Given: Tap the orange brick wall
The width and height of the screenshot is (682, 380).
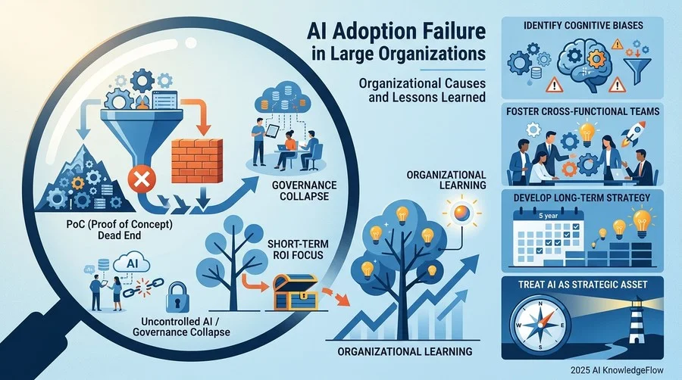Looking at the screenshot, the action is pos(196,161).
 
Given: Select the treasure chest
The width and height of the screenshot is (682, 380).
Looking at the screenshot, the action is pos(296,292).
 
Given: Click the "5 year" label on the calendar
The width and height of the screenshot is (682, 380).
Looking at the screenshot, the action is pos(548,216).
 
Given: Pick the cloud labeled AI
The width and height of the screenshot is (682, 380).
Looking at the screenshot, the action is pos(131,263).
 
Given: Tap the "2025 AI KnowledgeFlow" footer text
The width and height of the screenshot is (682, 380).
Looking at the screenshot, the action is pos(618,370).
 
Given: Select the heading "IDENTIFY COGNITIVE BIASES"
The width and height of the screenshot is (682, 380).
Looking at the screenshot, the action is pos(583,25).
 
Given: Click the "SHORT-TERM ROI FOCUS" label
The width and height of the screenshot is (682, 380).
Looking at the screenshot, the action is pos(296,249).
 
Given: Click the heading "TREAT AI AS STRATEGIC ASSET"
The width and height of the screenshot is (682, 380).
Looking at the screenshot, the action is pos(583,285).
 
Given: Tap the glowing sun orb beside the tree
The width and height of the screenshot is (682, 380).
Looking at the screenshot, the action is pos(461,213).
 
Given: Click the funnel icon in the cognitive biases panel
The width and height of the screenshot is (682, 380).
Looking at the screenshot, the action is pos(636,69).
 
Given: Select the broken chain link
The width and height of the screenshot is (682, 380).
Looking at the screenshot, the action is pos(143,287).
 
